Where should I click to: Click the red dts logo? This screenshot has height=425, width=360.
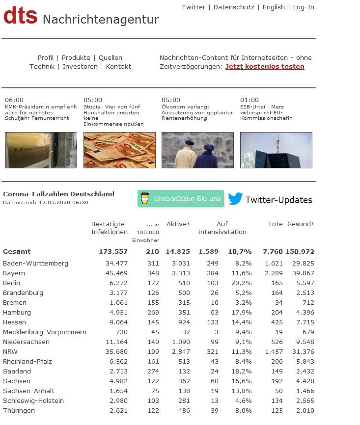(x=20, y=16)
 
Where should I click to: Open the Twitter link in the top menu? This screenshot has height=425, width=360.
(x=193, y=7)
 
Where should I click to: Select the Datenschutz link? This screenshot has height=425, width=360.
(x=234, y=7)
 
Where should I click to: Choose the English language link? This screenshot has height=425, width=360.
(x=274, y=7)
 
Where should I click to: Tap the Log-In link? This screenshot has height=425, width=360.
(x=304, y=7)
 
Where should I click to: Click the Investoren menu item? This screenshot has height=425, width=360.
(x=80, y=67)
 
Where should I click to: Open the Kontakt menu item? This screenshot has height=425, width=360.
(x=118, y=67)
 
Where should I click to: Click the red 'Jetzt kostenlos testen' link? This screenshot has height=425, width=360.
(x=265, y=67)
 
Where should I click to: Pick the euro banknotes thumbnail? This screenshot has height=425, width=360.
(x=119, y=150)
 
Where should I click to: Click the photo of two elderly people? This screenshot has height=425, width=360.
(x=197, y=150)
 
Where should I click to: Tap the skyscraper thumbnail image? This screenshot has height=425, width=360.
(x=276, y=150)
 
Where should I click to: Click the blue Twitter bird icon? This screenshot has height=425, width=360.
(x=235, y=199)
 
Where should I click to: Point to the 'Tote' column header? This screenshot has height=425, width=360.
(x=275, y=224)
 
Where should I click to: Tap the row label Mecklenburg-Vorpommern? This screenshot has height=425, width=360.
(x=45, y=332)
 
